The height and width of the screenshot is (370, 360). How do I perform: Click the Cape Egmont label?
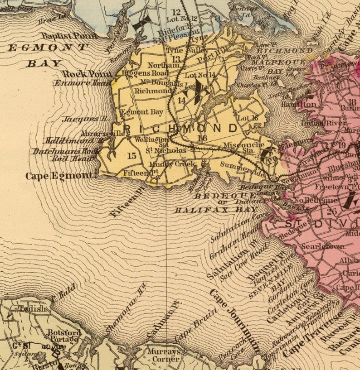[61, 176]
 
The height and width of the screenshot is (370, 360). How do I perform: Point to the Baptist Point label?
[68, 36]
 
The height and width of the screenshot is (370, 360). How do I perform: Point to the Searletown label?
[323, 247]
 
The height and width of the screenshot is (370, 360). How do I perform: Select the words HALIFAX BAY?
[215, 210]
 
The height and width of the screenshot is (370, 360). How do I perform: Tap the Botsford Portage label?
[64, 336]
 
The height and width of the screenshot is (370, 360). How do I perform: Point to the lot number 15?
[132, 156]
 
